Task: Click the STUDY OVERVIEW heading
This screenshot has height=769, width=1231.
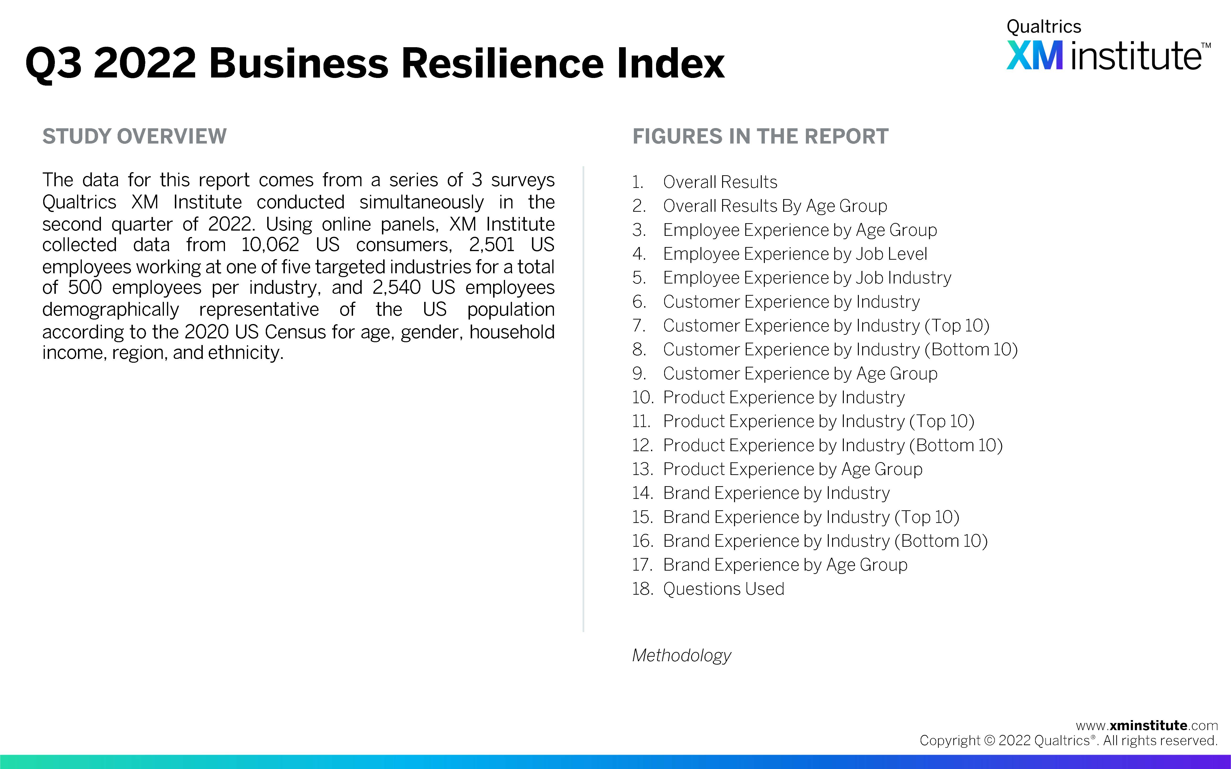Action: click(134, 136)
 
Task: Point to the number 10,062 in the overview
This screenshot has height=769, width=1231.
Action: click(270, 245)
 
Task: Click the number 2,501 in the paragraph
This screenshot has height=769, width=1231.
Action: click(491, 245)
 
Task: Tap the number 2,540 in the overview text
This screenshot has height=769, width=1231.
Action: click(396, 287)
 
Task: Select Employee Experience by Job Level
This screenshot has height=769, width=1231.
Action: click(795, 254)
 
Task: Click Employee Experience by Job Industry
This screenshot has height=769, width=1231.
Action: click(807, 278)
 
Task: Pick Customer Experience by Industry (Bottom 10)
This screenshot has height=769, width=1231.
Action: click(840, 349)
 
